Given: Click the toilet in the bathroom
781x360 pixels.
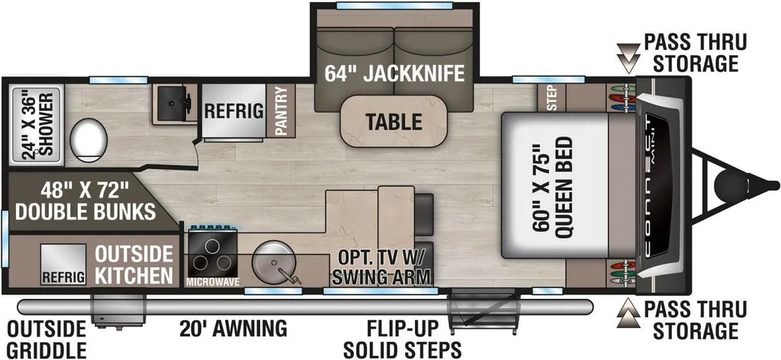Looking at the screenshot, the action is (x=88, y=139).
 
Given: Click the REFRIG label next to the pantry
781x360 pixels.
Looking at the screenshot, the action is (x=233, y=111).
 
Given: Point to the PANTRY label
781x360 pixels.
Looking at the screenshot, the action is (x=281, y=111).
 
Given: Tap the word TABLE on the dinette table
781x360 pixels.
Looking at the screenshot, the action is (x=394, y=121).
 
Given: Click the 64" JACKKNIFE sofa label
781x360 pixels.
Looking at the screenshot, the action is (x=394, y=73).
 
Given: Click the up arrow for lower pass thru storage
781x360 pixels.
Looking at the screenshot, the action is (x=628, y=313).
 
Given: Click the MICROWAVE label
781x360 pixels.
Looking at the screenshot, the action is (x=213, y=282).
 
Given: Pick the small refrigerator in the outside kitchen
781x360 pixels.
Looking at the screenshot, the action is (x=63, y=265).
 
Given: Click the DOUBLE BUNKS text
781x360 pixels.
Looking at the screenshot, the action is (x=85, y=211).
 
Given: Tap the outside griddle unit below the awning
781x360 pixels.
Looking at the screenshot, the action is (x=118, y=310).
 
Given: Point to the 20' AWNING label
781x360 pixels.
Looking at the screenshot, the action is (x=233, y=329).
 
